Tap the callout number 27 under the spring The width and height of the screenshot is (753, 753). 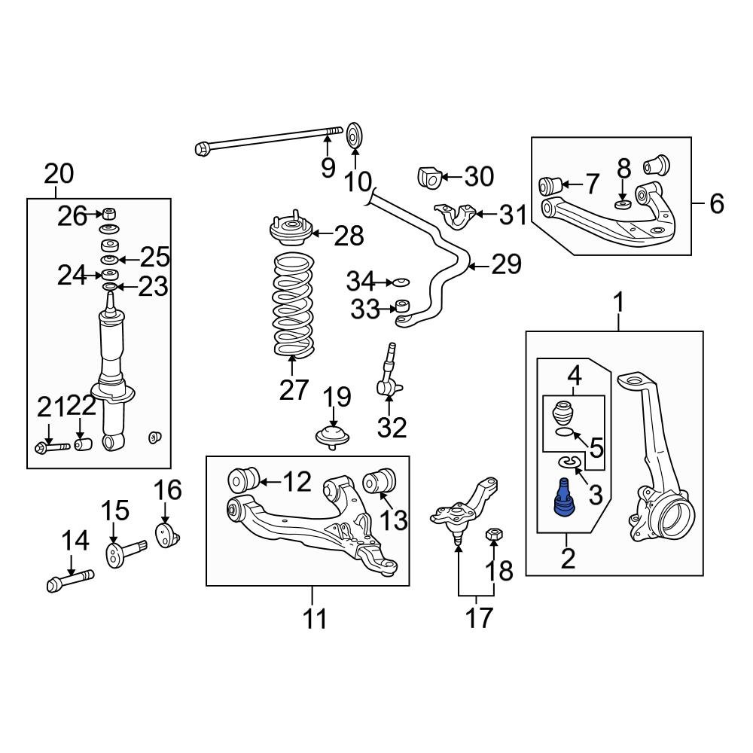(294, 389)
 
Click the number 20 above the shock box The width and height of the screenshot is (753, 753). (59, 174)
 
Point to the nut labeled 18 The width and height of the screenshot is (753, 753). (494, 534)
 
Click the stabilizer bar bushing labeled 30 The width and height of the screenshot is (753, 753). (428, 178)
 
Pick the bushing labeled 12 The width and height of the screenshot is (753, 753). (243, 477)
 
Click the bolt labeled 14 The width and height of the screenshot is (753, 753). (69, 582)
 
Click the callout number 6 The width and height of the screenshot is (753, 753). (716, 203)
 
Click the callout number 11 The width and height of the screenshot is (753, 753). (316, 619)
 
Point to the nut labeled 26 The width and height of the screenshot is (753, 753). (108, 212)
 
